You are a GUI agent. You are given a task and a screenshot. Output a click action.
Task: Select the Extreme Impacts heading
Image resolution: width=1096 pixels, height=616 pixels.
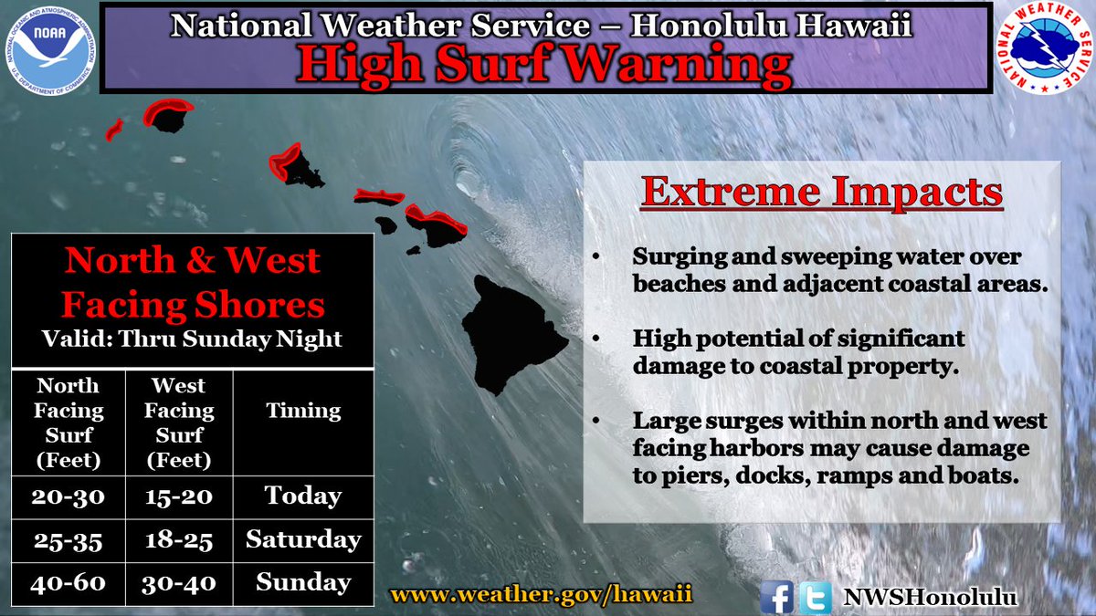click(x=821, y=193)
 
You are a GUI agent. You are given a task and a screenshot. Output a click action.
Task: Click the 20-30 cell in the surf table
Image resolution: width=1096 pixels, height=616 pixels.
click(x=68, y=496)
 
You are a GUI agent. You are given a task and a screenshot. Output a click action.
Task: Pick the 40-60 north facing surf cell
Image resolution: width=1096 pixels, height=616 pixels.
click(x=68, y=581)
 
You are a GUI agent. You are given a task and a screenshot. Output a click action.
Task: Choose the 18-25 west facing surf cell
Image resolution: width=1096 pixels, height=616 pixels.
click(x=179, y=539)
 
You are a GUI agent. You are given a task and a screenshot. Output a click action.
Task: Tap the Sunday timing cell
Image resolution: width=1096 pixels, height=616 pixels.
click(x=303, y=581)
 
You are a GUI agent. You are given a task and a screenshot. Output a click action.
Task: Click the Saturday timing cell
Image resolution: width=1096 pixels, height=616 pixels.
click(x=303, y=539)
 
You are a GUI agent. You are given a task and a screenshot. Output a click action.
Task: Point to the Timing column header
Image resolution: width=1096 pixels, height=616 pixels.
click(x=303, y=411)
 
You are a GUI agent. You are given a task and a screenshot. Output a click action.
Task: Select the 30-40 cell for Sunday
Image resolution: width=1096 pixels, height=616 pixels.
click(x=179, y=581)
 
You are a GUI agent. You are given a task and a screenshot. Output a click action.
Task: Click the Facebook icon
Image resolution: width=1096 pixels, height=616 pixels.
click(x=776, y=597)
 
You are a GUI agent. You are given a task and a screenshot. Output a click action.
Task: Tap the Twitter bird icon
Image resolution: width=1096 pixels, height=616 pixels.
click(x=815, y=597)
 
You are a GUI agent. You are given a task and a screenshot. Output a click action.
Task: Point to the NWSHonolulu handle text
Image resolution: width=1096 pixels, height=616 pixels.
click(x=930, y=597)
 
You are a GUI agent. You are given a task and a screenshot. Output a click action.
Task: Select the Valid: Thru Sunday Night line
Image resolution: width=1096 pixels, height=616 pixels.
click(x=192, y=339)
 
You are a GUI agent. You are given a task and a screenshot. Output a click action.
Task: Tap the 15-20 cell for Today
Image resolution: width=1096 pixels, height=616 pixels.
click(x=179, y=496)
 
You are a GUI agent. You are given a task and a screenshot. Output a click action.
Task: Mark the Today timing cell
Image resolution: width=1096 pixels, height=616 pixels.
click(x=303, y=496)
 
